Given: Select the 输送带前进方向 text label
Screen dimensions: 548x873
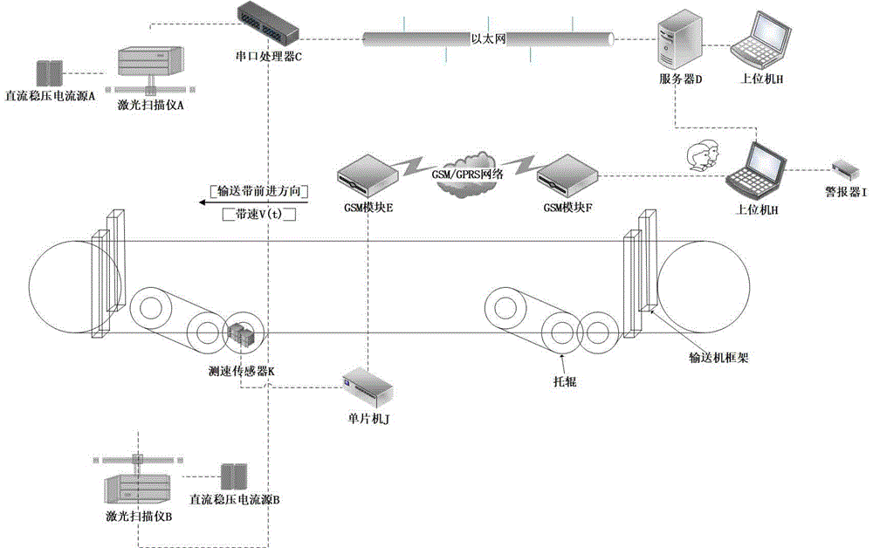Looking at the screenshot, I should (x=262, y=190).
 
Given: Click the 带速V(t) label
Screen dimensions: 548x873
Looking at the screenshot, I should (x=260, y=213).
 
